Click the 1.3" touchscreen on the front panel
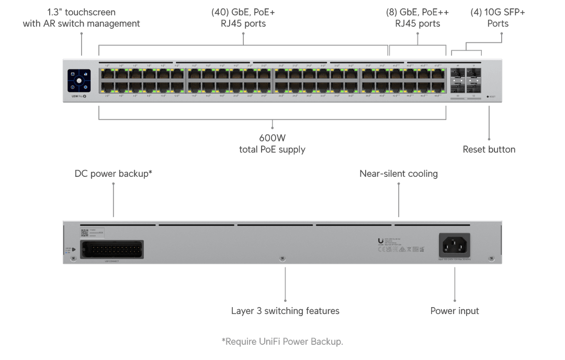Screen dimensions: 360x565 coord(79,81)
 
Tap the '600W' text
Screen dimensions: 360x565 coord(272,138)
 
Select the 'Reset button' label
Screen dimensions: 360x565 coord(489,149)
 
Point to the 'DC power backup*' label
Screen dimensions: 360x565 coord(114,173)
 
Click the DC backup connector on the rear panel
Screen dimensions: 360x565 coord(111,250)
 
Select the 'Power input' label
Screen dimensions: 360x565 coord(455,311)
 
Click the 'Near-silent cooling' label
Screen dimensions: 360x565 coord(398,173)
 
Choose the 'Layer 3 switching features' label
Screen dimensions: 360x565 coord(285,311)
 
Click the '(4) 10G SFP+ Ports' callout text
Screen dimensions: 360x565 coord(498,18)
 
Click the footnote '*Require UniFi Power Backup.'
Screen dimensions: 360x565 coord(282,342)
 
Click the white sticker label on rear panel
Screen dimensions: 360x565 coord(93,233)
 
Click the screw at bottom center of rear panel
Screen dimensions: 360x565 coord(282,259)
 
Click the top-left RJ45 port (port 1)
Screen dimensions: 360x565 coord(107,74)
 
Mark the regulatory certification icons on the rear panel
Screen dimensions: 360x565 coord(402,250)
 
